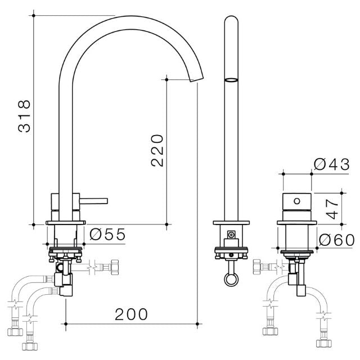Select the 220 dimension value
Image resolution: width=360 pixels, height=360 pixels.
point(157,150)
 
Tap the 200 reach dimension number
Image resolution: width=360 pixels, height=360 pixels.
point(132,314)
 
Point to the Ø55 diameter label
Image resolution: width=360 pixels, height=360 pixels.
point(107,234)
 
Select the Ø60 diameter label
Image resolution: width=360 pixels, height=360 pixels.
point(336,240)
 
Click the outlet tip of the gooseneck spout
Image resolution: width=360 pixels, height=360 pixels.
point(197,80)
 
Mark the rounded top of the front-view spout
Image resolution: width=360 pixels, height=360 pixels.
point(231,20)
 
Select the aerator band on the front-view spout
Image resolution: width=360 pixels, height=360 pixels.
point(231,80)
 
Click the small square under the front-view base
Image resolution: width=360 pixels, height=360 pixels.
point(231,235)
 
